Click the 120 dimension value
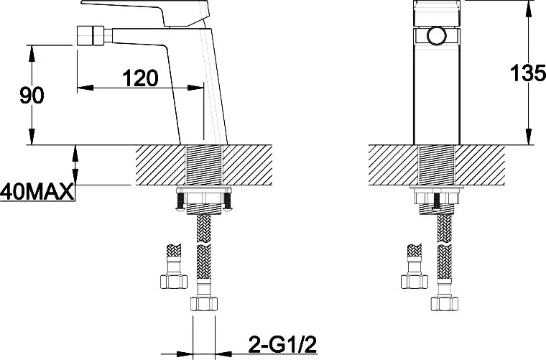[x=140, y=78]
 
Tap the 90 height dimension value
[x=32, y=96]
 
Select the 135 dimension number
[x=528, y=73]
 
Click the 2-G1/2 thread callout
[x=282, y=345]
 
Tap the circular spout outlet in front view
[x=437, y=35]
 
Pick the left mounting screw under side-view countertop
[x=181, y=201]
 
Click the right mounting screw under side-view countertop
[x=227, y=201]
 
